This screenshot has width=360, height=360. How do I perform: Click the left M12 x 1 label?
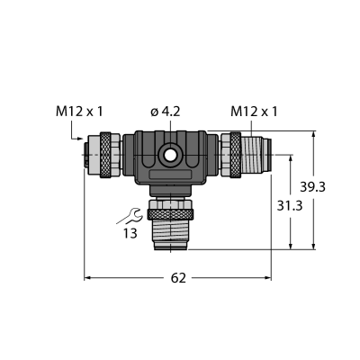[x=79, y=112]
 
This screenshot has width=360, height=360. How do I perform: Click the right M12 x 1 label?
[x=254, y=112]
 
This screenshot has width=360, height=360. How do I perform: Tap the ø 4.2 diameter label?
[x=166, y=112]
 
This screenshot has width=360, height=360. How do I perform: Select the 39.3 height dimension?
[x=312, y=187]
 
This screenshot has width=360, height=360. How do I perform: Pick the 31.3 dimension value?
[x=290, y=206]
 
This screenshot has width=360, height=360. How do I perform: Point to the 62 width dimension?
[x=178, y=278]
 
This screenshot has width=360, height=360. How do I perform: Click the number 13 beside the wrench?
[x=130, y=233]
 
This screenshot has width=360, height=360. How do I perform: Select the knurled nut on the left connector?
[x=105, y=155]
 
